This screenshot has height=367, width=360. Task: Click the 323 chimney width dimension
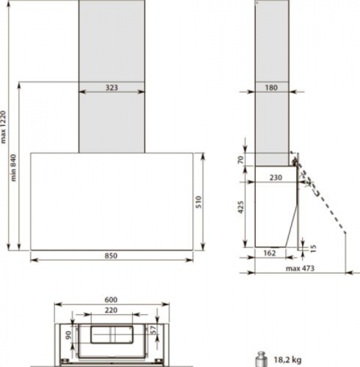coord(111,87)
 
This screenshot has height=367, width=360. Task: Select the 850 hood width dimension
coord(111,256)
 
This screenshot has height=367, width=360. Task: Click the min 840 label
coord(14,168)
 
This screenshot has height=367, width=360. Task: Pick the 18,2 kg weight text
coord(287,359)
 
